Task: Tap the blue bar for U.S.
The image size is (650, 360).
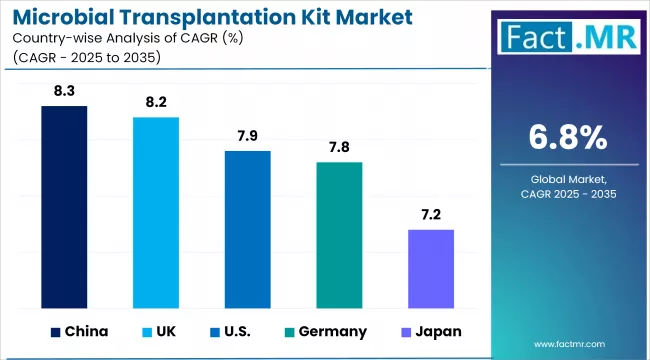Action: (x=247, y=229)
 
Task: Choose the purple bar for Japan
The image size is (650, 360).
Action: (x=431, y=268)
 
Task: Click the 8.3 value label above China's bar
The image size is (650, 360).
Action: (x=64, y=91)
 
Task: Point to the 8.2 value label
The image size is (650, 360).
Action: (x=156, y=102)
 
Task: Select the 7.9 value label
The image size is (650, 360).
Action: (x=247, y=136)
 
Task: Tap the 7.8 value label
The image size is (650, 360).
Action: (x=339, y=147)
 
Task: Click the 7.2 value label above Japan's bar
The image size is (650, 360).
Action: (x=431, y=215)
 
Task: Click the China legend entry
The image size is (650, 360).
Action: (x=78, y=331)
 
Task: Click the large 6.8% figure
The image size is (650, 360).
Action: (x=566, y=137)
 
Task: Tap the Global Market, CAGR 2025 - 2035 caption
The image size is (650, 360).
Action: (x=566, y=186)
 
